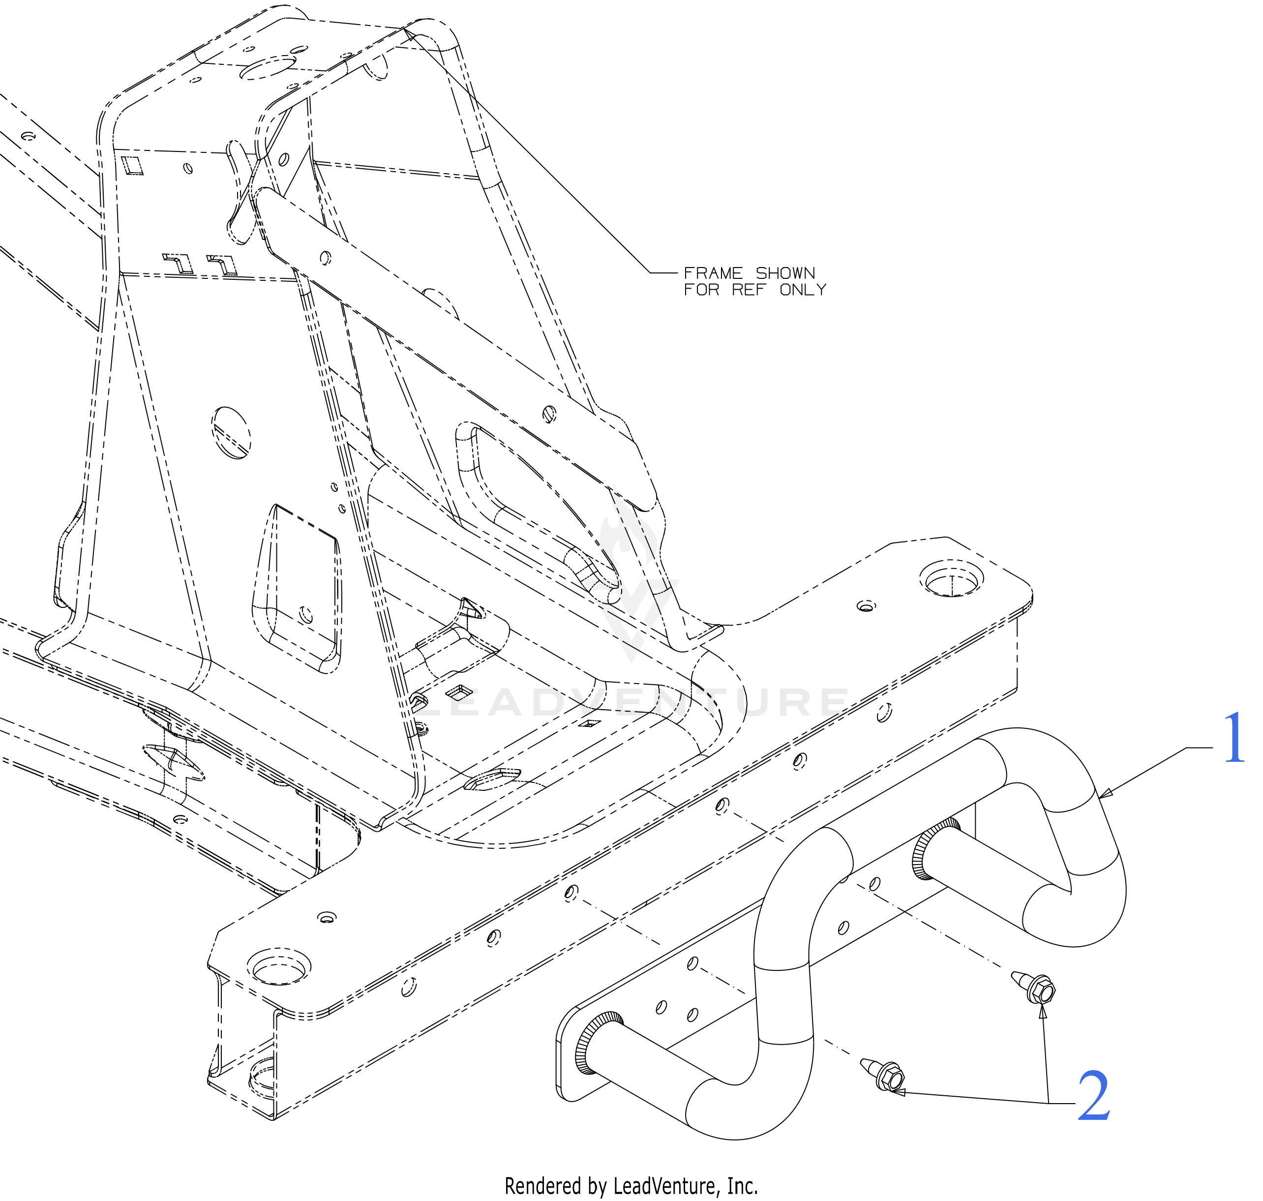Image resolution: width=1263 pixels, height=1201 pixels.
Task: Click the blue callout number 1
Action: point(1233,738)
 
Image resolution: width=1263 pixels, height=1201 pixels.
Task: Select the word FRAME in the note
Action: point(713,273)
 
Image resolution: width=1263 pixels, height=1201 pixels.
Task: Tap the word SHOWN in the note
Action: point(785,273)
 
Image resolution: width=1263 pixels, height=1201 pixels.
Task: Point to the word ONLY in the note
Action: point(803,290)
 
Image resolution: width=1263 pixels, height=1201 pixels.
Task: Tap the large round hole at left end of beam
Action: point(279,967)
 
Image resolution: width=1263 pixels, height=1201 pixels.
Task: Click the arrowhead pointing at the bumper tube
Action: point(1106,794)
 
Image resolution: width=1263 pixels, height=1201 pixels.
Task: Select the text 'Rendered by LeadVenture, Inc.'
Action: point(631,1186)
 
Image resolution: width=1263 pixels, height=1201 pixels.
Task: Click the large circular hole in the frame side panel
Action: point(231,432)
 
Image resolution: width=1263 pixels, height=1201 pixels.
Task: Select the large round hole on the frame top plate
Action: point(268,67)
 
